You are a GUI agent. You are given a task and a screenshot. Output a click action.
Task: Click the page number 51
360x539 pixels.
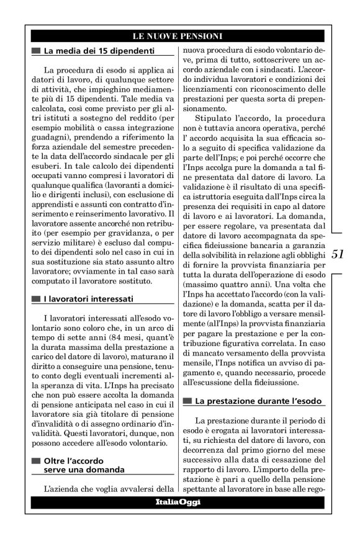pos(338,254)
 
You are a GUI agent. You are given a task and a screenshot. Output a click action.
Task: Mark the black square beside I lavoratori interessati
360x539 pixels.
pos(36,299)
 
